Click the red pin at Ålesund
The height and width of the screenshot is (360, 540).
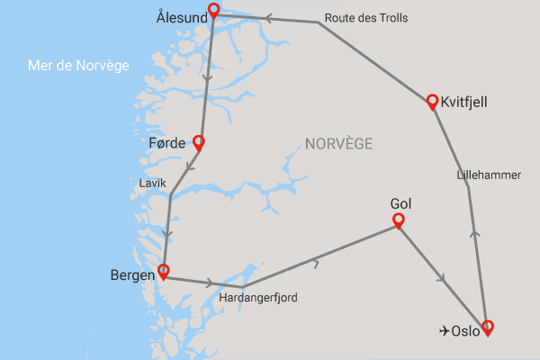tap(213, 12)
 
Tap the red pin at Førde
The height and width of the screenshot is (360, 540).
tap(198, 143)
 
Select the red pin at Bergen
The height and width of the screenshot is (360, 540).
tap(163, 271)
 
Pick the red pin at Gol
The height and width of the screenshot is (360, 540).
tap(398, 220)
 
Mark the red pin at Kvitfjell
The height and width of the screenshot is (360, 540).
tap(432, 102)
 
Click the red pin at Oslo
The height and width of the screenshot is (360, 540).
tap(488, 328)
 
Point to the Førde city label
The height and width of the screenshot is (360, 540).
tap(166, 143)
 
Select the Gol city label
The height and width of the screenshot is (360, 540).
tap(401, 202)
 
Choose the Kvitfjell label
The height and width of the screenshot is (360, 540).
tap(464, 103)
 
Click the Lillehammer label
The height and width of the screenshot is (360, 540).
tap(489, 175)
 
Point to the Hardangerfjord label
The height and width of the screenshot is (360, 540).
tap(258, 297)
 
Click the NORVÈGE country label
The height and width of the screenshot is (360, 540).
tap(338, 144)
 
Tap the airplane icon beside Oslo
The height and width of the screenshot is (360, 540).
tap(444, 330)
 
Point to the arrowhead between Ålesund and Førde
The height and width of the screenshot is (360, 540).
tap(208, 79)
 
